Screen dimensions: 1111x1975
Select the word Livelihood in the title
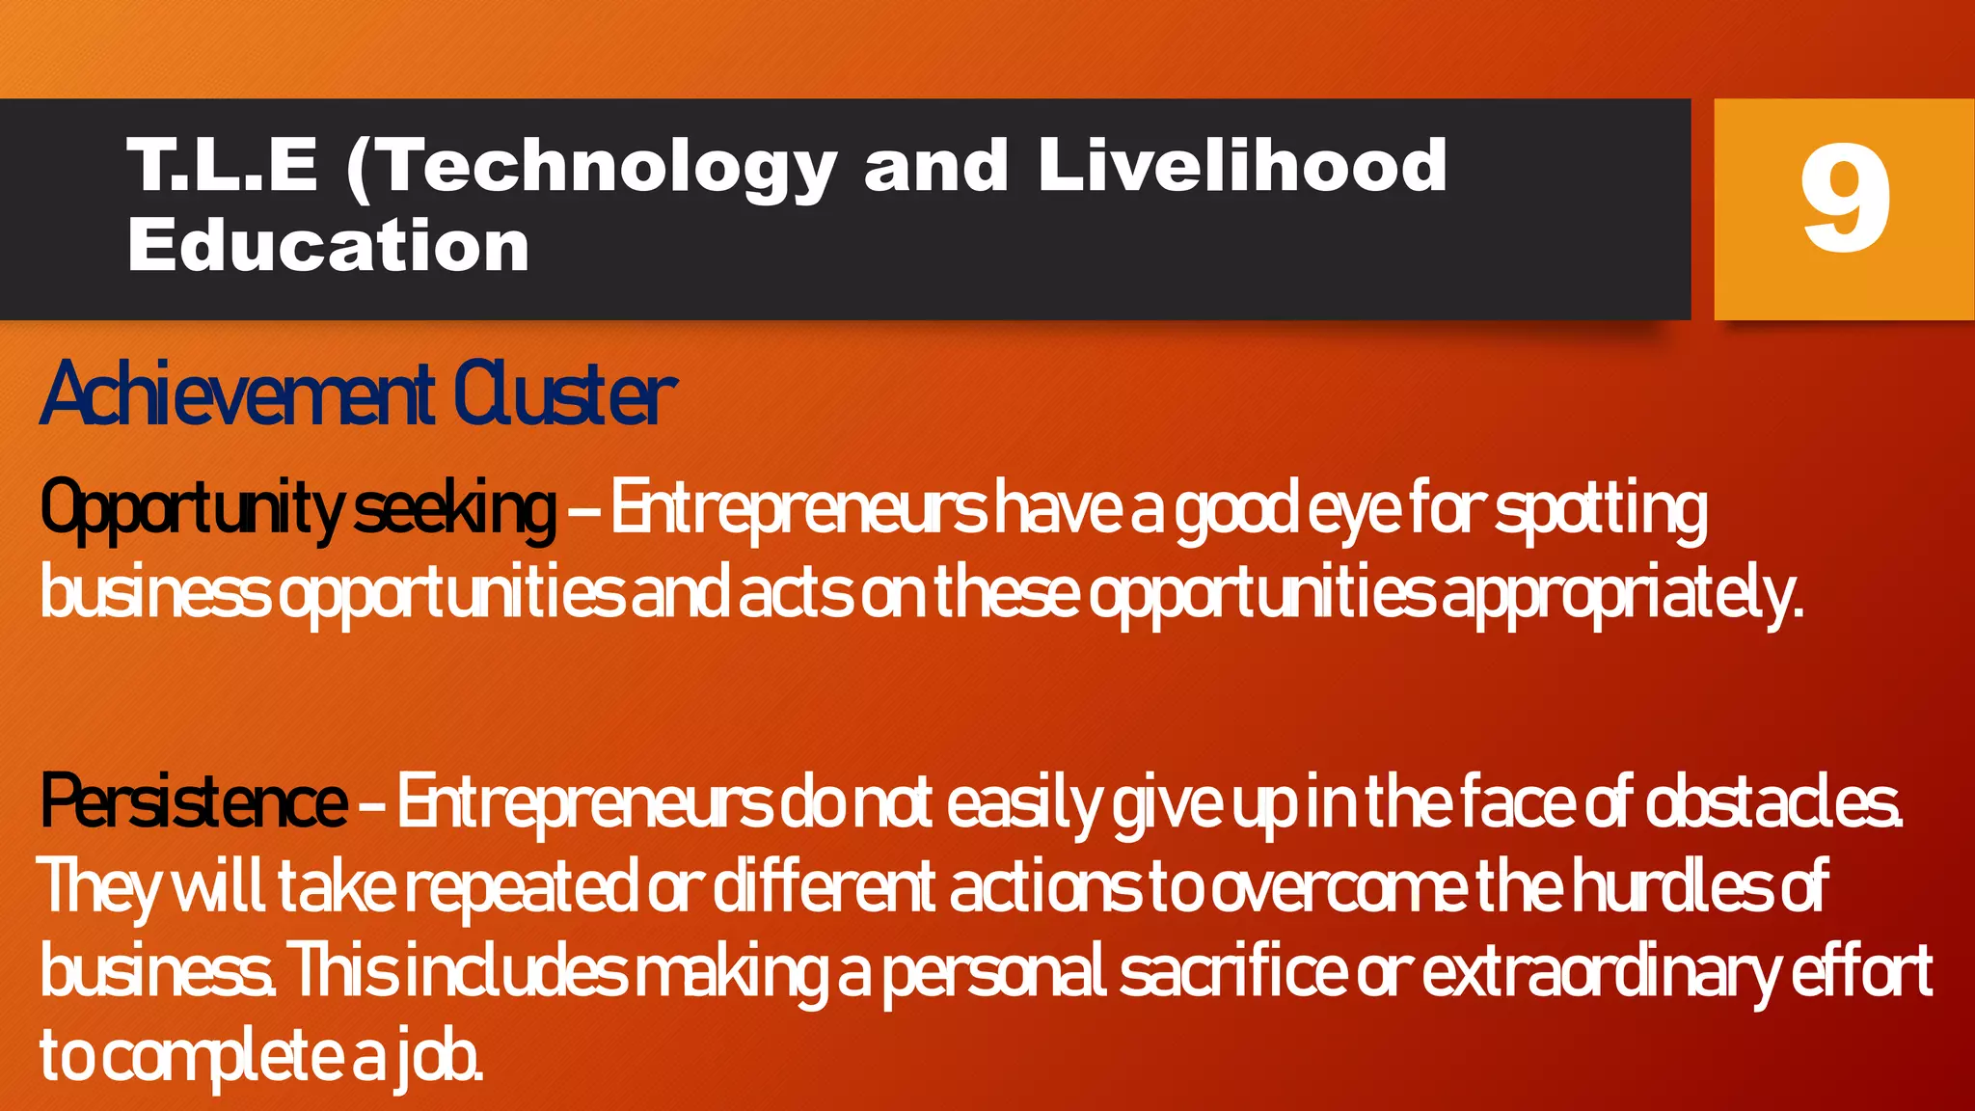coord(1242,165)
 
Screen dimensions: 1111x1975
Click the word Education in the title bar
coord(328,246)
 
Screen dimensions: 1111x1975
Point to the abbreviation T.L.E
coord(222,165)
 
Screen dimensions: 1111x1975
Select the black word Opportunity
coord(190,509)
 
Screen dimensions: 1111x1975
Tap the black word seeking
coord(454,509)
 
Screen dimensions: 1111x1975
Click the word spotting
coord(1601,509)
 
